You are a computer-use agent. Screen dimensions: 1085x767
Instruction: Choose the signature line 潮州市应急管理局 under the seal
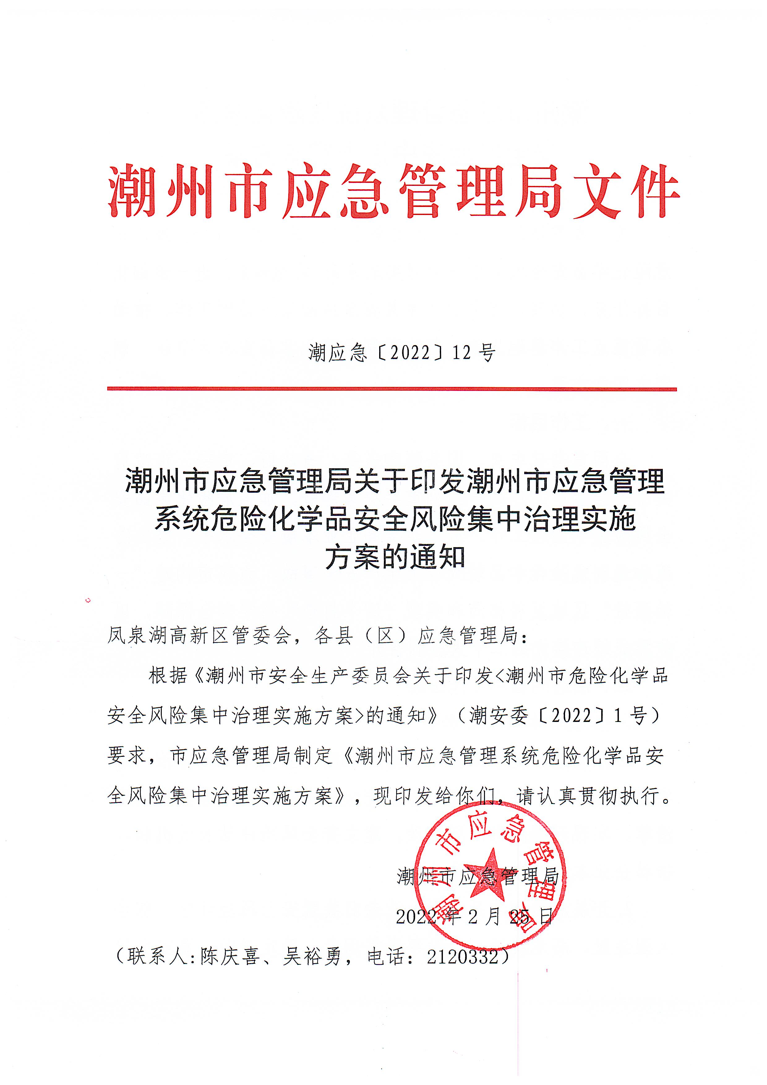(478, 877)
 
